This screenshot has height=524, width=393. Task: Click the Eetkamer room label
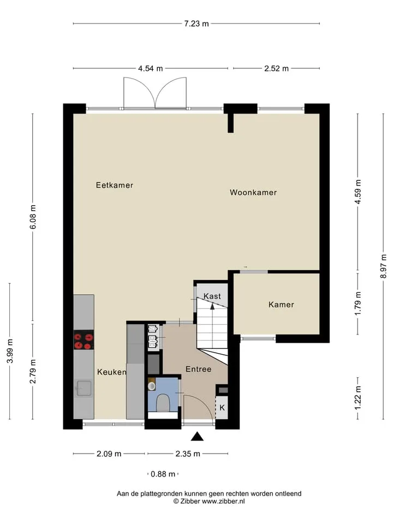[114, 185]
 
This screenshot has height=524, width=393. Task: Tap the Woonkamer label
[253, 193]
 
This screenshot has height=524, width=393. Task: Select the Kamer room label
[282, 305]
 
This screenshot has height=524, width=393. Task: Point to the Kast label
[212, 296]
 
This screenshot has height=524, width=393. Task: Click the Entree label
[199, 369]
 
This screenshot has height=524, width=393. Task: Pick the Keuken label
[112, 372]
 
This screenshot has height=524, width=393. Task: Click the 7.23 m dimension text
[196, 23]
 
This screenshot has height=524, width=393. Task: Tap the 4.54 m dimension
[151, 69]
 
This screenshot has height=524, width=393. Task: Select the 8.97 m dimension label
[384, 266]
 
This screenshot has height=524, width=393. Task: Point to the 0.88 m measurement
[163, 474]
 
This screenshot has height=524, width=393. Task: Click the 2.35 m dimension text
[188, 454]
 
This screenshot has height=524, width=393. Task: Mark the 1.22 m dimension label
[358, 398]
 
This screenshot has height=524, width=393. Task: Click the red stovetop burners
[84, 340]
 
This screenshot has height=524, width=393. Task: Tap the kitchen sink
[84, 389]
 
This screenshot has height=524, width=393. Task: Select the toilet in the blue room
[163, 403]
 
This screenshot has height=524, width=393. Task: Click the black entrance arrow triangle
[197, 437]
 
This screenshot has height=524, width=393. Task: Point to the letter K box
[222, 407]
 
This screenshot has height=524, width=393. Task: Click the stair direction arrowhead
[212, 306]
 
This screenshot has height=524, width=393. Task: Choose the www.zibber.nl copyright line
[209, 501]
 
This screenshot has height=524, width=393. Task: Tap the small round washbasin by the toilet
[152, 386]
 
